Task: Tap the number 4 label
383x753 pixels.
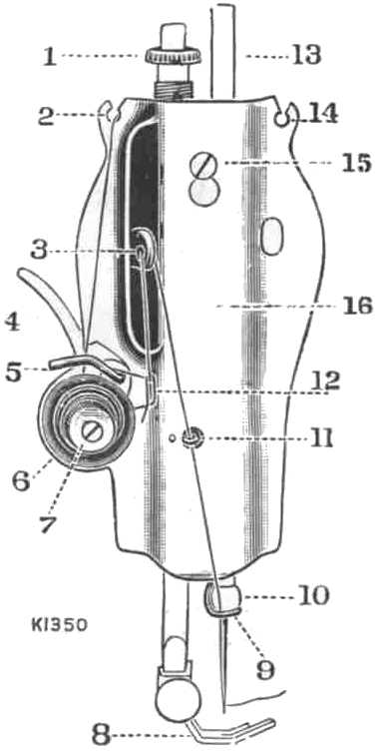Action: click(x=13, y=323)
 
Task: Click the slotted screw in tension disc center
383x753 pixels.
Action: click(x=93, y=432)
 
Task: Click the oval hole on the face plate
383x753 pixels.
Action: click(x=271, y=238)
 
